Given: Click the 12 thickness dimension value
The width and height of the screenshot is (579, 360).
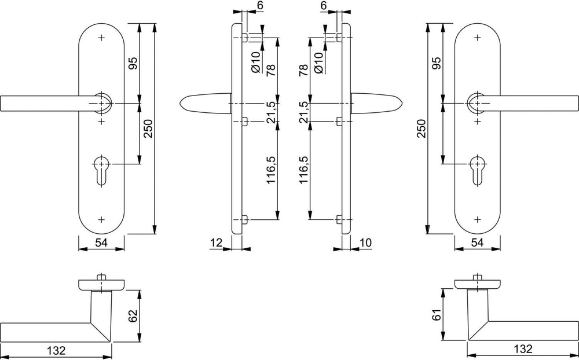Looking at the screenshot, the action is pyautogui.click(x=217, y=243).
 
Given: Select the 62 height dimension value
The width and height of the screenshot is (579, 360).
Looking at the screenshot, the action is pyautogui.click(x=133, y=316).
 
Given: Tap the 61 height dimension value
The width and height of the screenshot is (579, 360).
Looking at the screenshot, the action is pyautogui.click(x=437, y=316).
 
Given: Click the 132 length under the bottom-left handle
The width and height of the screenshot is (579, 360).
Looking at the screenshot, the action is pyautogui.click(x=56, y=349).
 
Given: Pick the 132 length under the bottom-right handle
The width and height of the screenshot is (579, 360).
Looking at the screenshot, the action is pyautogui.click(x=523, y=348).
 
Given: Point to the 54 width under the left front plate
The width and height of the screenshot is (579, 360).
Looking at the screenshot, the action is pyautogui.click(x=101, y=243).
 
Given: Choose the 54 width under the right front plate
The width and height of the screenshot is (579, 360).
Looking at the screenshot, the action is pyautogui.click(x=478, y=243).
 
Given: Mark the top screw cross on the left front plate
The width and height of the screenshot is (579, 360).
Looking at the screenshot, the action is pyautogui.click(x=101, y=37).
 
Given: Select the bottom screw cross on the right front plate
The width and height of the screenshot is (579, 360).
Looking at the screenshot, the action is pyautogui.click(x=478, y=220).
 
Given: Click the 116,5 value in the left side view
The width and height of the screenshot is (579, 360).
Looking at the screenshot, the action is pyautogui.click(x=272, y=170).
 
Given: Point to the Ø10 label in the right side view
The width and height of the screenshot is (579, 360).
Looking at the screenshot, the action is pyautogui.click(x=318, y=62).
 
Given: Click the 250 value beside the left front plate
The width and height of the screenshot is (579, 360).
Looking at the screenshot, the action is pyautogui.click(x=148, y=128).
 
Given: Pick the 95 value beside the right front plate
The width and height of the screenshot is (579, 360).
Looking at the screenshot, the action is pyautogui.click(x=437, y=63).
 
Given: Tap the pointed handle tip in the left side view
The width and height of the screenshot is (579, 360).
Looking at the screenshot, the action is pyautogui.click(x=181, y=103).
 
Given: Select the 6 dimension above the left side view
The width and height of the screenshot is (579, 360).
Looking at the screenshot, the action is pyautogui.click(x=260, y=5).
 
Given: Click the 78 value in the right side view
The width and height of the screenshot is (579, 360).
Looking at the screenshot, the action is pyautogui.click(x=303, y=70).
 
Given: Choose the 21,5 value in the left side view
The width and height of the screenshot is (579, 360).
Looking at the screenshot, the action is pyautogui.click(x=272, y=112).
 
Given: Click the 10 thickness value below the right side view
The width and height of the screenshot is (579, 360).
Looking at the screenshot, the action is pyautogui.click(x=365, y=243).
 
